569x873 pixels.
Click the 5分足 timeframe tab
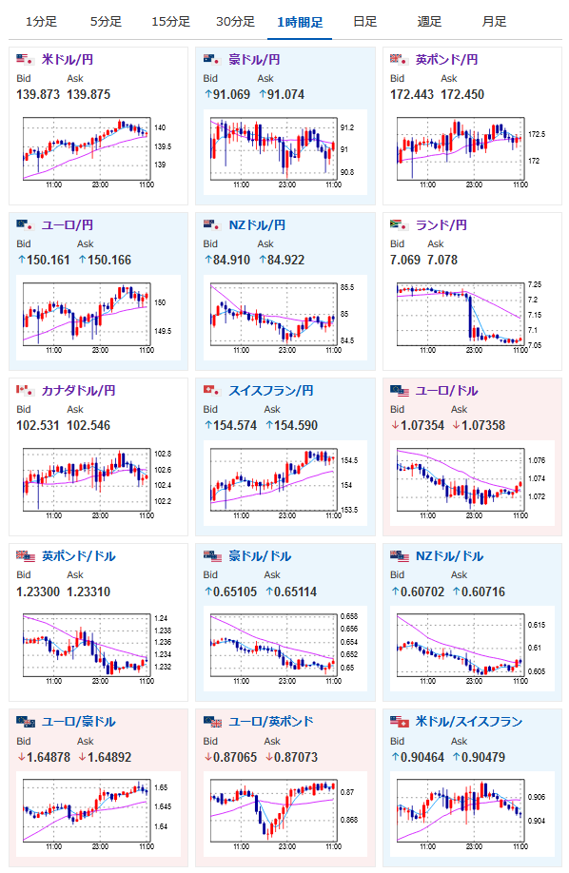click(106, 22)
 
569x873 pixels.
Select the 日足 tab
click(365, 22)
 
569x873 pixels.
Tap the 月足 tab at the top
click(495, 22)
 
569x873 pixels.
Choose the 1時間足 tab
click(300, 22)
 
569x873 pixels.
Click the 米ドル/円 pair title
click(68, 60)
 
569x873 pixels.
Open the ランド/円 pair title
click(441, 225)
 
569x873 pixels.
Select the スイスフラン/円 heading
click(271, 390)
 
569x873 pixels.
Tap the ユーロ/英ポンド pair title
click(271, 722)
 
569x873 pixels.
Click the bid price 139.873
click(38, 95)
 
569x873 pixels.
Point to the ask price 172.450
click(462, 95)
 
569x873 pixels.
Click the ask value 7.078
click(442, 260)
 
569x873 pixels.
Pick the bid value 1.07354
click(422, 425)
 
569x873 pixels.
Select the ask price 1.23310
click(88, 592)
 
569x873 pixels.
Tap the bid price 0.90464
click(422, 757)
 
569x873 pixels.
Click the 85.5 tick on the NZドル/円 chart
click(347, 287)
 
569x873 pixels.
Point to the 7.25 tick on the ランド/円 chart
click(535, 284)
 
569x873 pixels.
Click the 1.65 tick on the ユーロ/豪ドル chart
click(161, 787)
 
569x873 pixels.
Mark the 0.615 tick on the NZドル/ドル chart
click(536, 625)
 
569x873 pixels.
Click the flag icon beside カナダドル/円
click(25, 390)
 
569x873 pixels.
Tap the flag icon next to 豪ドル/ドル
click(212, 556)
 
